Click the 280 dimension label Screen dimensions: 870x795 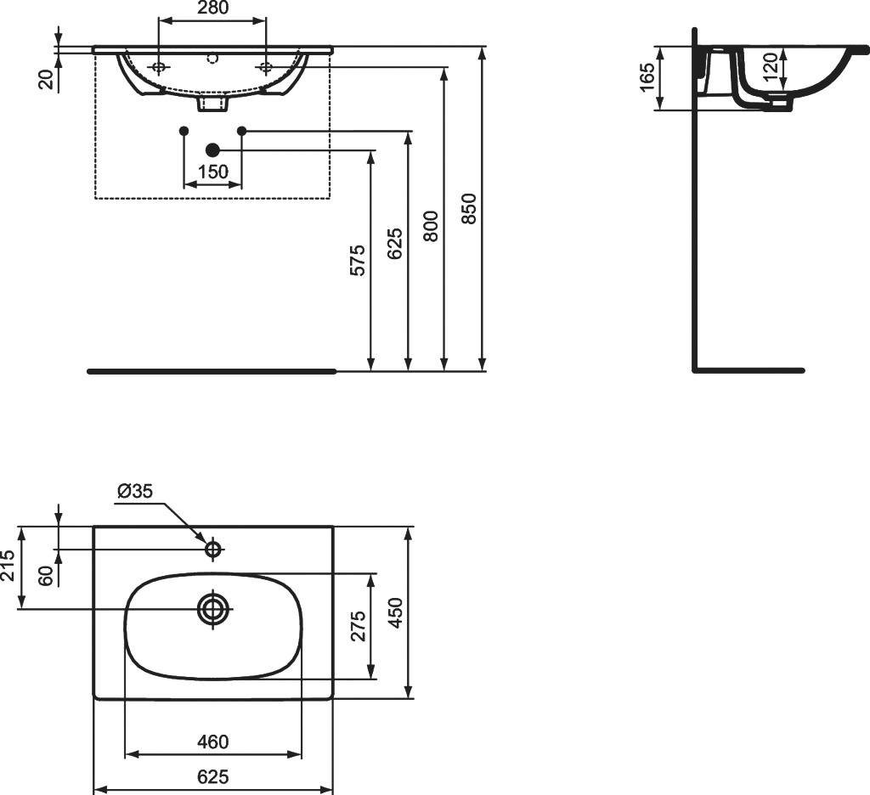212,7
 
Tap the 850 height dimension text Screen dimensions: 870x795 469,208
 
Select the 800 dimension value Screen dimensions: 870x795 431,226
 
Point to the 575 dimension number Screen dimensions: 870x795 358,260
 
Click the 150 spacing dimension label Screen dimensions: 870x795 213,172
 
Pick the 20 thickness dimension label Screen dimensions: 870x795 48,79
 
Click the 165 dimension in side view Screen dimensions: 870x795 647,77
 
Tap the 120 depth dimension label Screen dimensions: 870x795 770,66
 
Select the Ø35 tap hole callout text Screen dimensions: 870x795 135,491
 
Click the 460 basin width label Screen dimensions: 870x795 213,741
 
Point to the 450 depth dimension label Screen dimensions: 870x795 395,612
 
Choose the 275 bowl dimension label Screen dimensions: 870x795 358,626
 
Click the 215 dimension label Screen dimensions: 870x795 8,566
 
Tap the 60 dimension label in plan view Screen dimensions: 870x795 48,575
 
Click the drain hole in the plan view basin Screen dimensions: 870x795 213,609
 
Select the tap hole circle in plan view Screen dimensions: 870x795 213,550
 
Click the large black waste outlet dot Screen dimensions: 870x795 212,149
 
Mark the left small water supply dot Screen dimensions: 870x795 184,130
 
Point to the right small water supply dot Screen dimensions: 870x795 241,130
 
